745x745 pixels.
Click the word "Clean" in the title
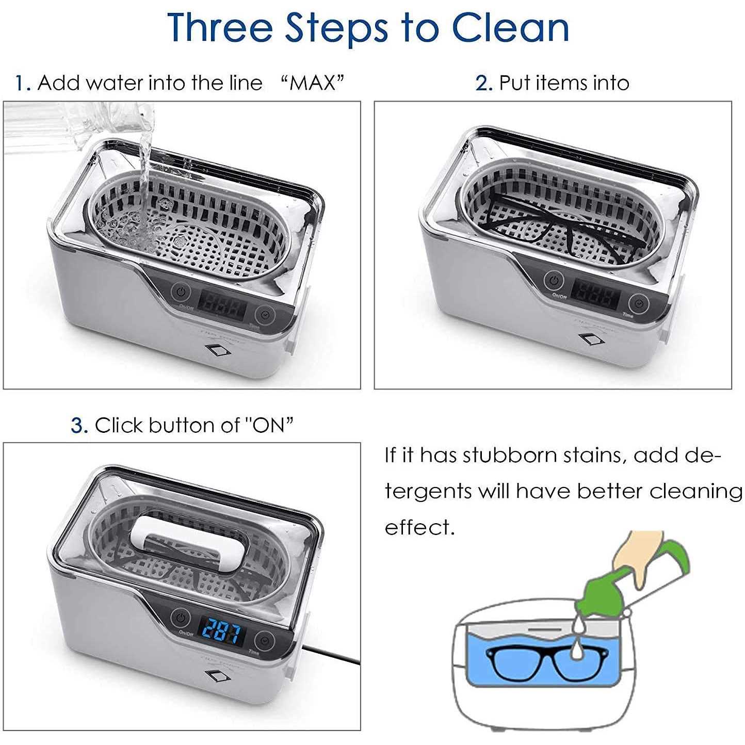tap(511, 27)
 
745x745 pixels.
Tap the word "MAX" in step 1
tap(313, 83)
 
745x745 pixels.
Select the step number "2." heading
tap(484, 83)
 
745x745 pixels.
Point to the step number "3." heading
tap(79, 426)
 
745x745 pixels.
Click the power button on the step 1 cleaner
tap(181, 292)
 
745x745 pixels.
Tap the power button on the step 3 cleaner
tap(181, 617)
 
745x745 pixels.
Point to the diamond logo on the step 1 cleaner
tap(218, 349)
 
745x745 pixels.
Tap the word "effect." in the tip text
tap(419, 527)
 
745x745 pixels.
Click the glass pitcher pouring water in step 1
tap(77, 127)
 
